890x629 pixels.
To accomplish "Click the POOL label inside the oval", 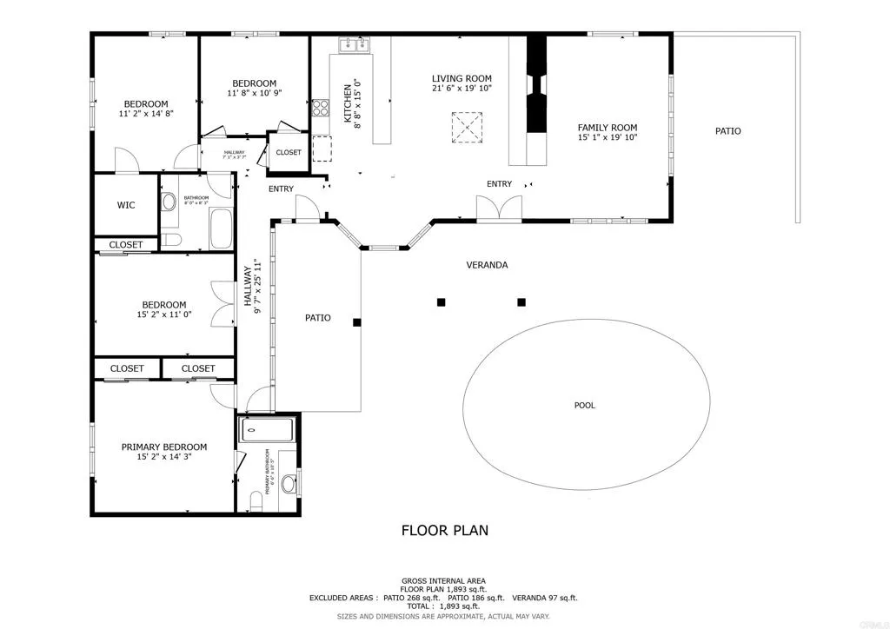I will tap(585, 405).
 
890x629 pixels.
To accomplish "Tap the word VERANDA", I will tap(487, 265).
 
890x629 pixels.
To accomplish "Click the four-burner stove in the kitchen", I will tap(320, 107).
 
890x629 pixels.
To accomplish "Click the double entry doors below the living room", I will tap(499, 209).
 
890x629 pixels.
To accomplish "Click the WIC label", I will tap(125, 206).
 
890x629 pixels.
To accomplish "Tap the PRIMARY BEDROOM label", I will tap(163, 447).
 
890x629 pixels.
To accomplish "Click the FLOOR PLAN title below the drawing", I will tap(444, 529).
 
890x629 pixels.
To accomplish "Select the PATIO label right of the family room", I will tap(727, 131).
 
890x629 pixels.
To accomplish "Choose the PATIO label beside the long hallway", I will tap(317, 318).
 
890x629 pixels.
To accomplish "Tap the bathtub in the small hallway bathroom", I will tap(221, 228).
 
